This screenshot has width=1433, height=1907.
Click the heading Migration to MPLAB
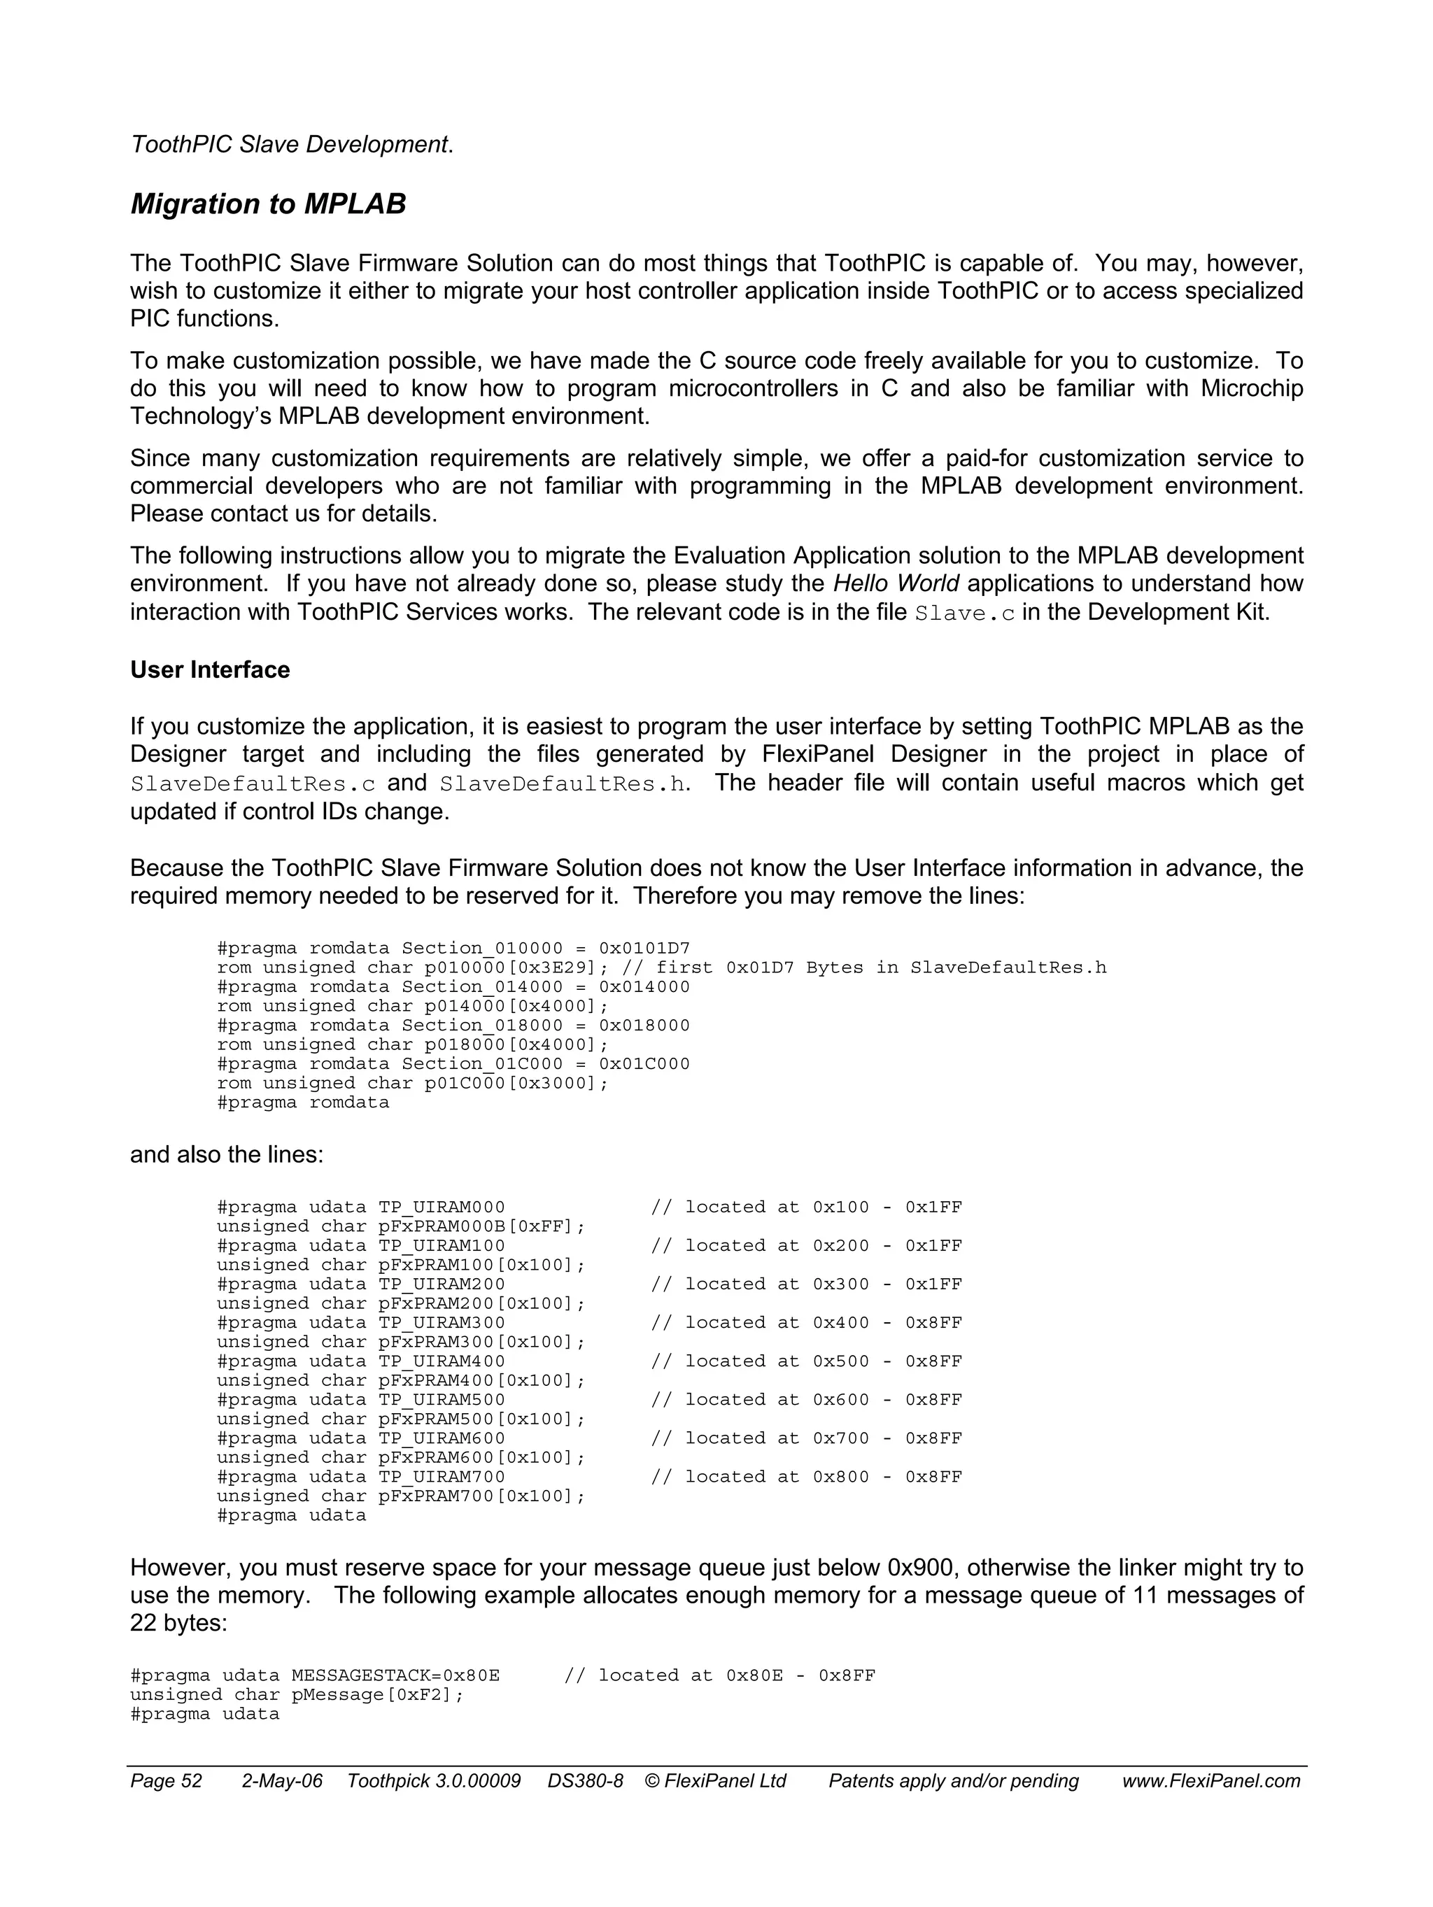pyautogui.click(x=268, y=204)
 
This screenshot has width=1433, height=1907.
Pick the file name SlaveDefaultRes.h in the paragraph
pyautogui.click(x=564, y=784)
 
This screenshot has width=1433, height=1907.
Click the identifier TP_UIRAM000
pyautogui.click(x=442, y=1207)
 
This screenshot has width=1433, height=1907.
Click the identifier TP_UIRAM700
pyautogui.click(x=442, y=1476)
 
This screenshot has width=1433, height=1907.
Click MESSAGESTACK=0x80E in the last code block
pyautogui.click(x=395, y=1675)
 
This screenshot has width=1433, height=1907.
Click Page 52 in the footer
pyautogui.click(x=166, y=1781)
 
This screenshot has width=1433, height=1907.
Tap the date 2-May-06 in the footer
pyautogui.click(x=281, y=1781)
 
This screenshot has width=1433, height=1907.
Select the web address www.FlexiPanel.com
pyautogui.click(x=1210, y=1781)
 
